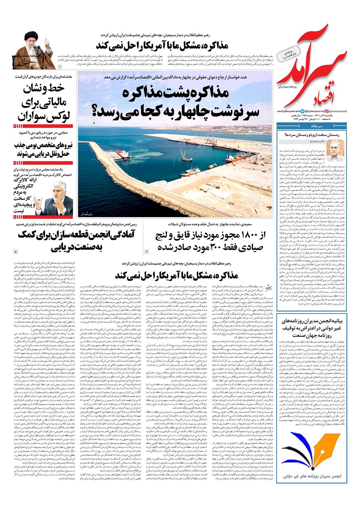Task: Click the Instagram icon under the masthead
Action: [x=327, y=111]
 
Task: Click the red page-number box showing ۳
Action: [x=15, y=126]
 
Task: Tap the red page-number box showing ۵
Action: [x=15, y=163]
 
